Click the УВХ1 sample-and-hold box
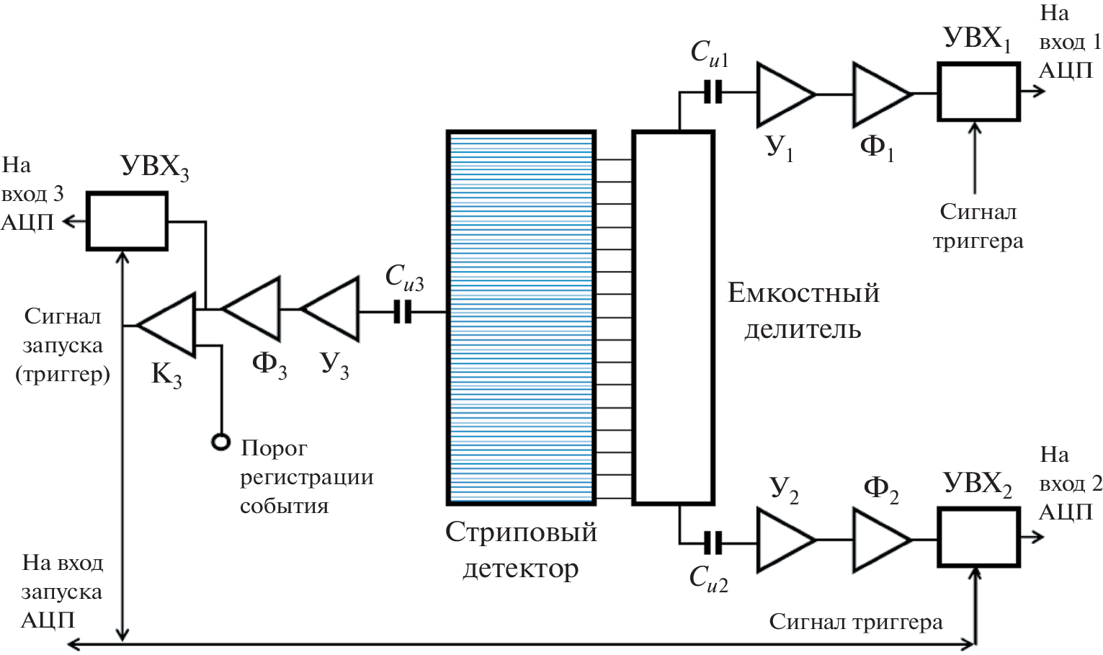coord(978,92)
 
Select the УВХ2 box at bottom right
coord(978,537)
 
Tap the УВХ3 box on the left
coord(127,220)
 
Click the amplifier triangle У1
coord(782,94)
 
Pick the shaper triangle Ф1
coord(878,94)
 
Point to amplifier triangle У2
coord(782,540)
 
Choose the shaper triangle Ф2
coord(878,540)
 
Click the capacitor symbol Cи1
coord(713,92)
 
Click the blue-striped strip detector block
coord(520,317)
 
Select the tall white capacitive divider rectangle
coord(673,317)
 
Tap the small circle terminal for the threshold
coord(220,441)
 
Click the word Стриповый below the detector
coord(521,533)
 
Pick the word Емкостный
coord(803,293)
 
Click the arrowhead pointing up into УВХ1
coord(975,128)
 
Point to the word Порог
coord(274,448)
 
